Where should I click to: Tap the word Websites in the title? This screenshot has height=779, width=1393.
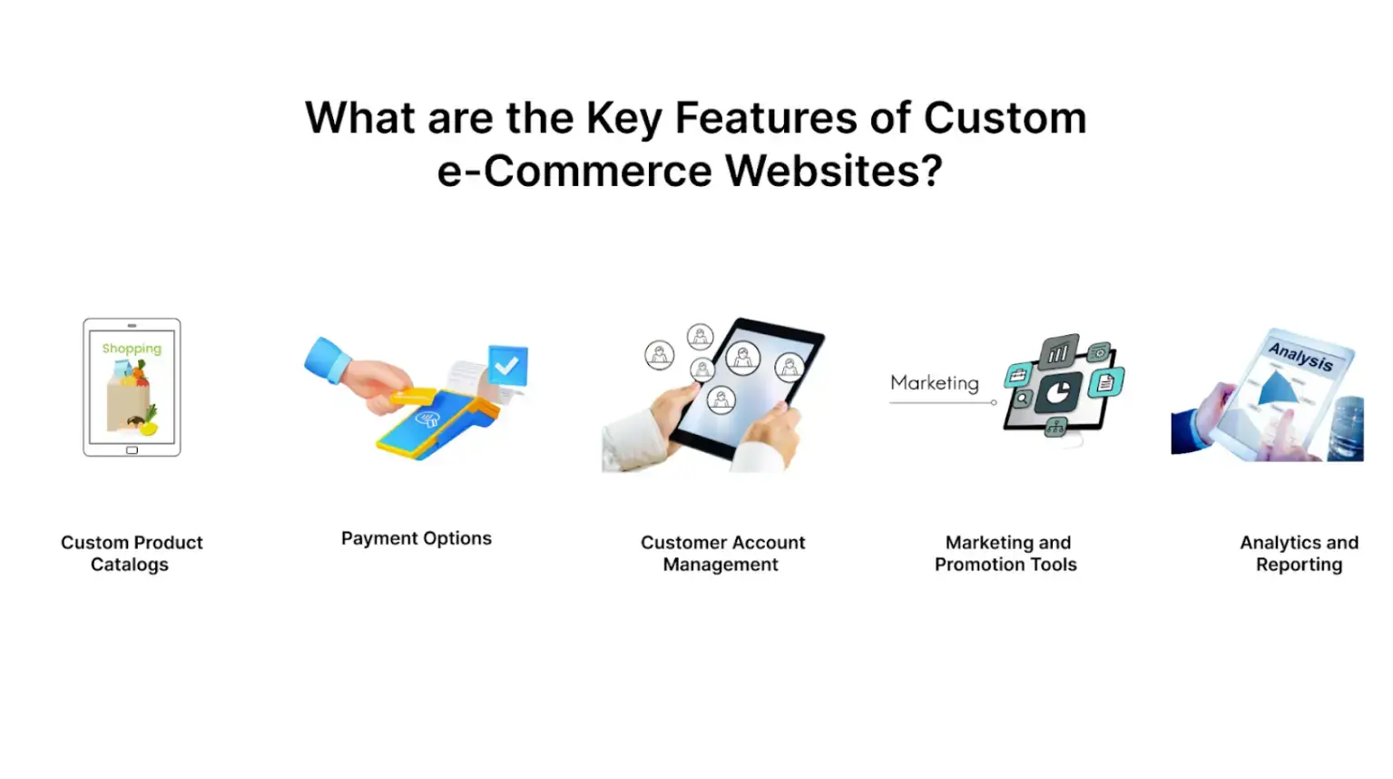(x=834, y=171)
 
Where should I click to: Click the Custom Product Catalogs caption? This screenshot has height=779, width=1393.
(x=132, y=553)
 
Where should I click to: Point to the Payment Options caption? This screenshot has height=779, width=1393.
(x=416, y=538)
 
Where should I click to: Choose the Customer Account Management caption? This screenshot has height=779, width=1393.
(x=722, y=553)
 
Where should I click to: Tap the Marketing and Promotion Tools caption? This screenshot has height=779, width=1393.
(x=1006, y=553)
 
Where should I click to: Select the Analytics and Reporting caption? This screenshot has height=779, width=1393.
(x=1299, y=553)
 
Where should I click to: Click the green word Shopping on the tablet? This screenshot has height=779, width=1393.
(x=132, y=349)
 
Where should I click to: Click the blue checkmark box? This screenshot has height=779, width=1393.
(x=507, y=365)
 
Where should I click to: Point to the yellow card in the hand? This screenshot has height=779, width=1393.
(x=414, y=398)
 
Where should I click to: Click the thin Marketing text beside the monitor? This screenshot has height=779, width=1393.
(x=934, y=383)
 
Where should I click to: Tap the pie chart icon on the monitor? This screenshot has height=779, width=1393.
(x=1057, y=392)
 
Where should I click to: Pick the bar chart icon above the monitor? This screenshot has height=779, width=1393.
(x=1058, y=352)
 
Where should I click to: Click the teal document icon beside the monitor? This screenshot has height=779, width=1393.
(x=1105, y=383)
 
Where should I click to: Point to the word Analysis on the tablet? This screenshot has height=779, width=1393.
(x=1300, y=356)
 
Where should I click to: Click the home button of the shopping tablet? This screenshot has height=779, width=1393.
(x=132, y=450)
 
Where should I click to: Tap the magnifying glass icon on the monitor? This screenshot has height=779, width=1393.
(x=1022, y=399)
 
